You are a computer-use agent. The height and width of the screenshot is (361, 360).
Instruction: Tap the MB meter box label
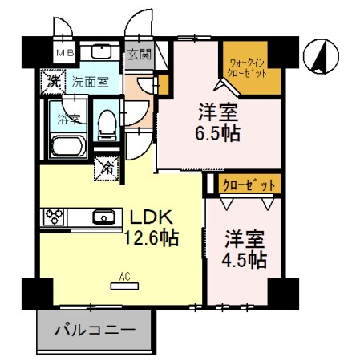pyautogui.click(x=63, y=54)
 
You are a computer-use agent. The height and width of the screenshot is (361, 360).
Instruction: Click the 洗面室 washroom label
pyautogui.click(x=89, y=80)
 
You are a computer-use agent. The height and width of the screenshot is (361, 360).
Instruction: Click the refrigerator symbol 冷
pyautogui.click(x=106, y=168)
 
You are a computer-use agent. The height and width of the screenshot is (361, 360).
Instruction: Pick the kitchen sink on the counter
pyautogui.click(x=103, y=217)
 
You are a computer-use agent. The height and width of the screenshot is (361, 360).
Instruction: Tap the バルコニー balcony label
pyautogui.click(x=95, y=330)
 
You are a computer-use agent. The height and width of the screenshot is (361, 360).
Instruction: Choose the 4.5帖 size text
pyautogui.click(x=245, y=258)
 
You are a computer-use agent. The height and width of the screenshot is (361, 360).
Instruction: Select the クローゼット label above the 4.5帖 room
pyautogui.click(x=249, y=185)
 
